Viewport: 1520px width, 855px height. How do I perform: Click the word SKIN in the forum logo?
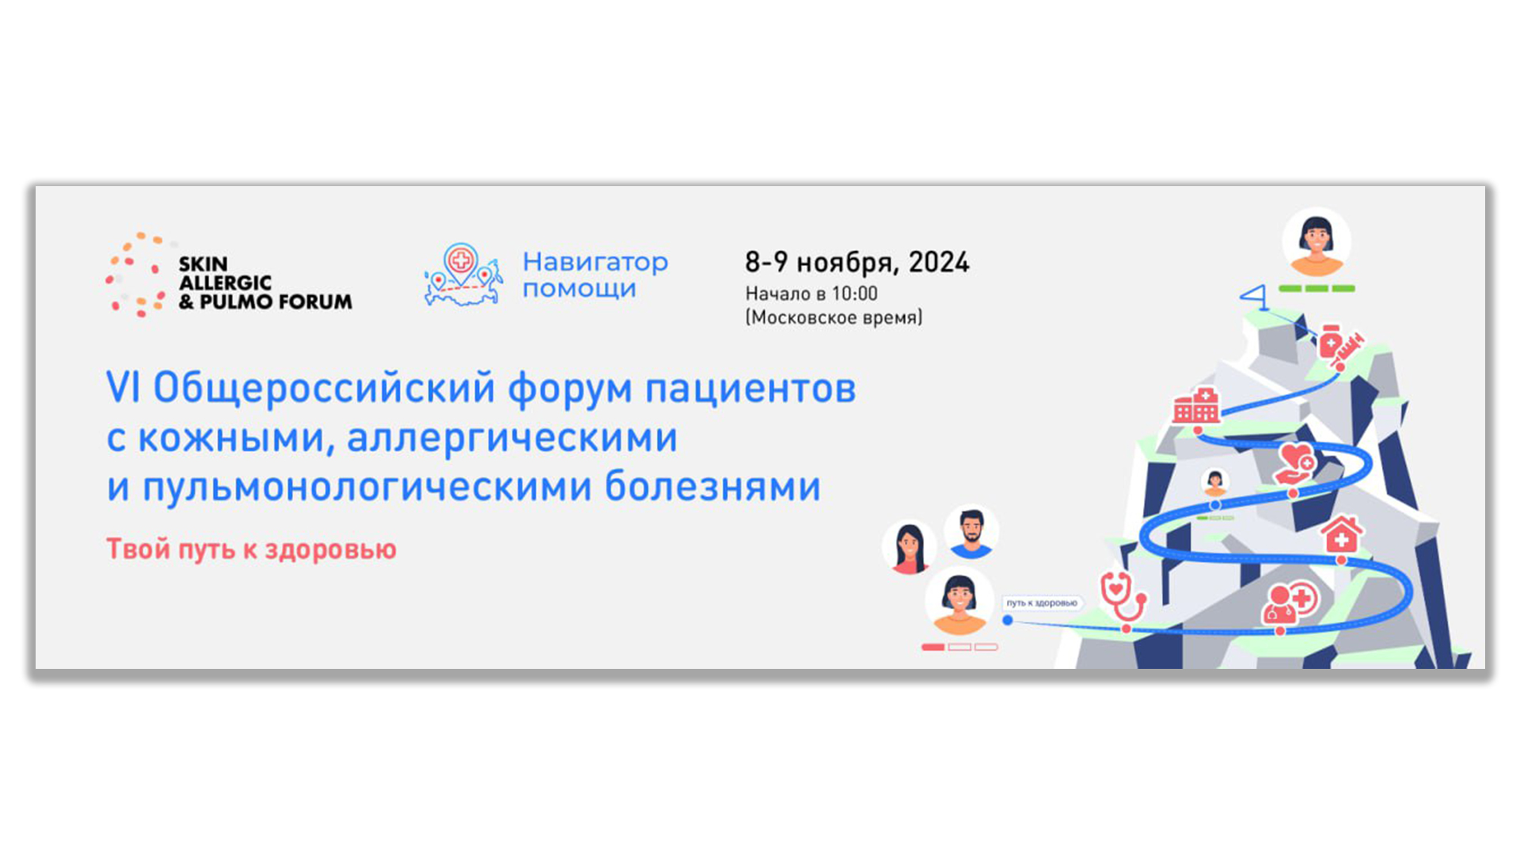point(203,264)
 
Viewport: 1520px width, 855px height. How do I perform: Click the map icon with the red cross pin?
point(463,275)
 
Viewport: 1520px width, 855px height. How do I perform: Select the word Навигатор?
point(595,262)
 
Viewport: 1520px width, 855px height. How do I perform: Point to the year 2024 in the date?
point(939,262)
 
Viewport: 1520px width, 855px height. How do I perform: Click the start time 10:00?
point(854,294)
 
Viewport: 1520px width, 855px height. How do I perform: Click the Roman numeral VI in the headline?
point(123,388)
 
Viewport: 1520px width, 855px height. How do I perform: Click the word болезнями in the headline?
point(712,486)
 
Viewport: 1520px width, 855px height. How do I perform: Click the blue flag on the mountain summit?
point(1256,298)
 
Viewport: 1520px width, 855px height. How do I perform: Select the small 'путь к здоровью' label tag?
point(1042,603)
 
